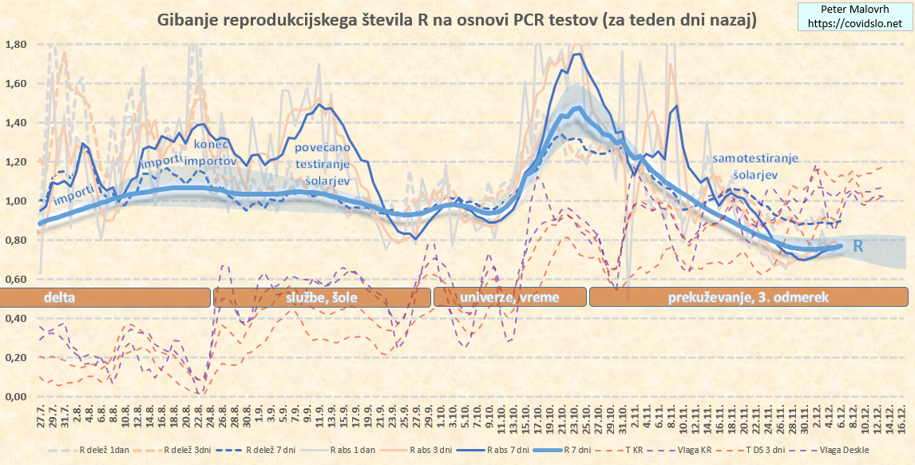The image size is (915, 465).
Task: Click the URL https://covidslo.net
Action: pyautogui.click(x=854, y=24)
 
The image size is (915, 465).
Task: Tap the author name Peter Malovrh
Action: pyautogui.click(x=854, y=10)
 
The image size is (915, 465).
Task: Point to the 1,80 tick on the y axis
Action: pyautogui.click(x=17, y=45)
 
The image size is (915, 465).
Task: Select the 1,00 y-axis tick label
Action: pyautogui.click(x=17, y=201)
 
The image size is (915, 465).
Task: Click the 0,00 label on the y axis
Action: pyautogui.click(x=17, y=397)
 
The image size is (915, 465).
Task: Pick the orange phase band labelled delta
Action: pyautogui.click(x=104, y=297)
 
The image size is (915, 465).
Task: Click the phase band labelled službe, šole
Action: pyautogui.click(x=321, y=297)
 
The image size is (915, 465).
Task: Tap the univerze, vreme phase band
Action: pyautogui.click(x=509, y=297)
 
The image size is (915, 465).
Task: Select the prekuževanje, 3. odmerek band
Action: pyautogui.click(x=748, y=297)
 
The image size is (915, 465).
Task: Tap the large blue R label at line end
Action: pyautogui.click(x=858, y=246)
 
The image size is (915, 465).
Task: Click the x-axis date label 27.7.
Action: pyautogui.click(x=40, y=419)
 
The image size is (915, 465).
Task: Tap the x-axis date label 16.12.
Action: pyautogui.click(x=901, y=419)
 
